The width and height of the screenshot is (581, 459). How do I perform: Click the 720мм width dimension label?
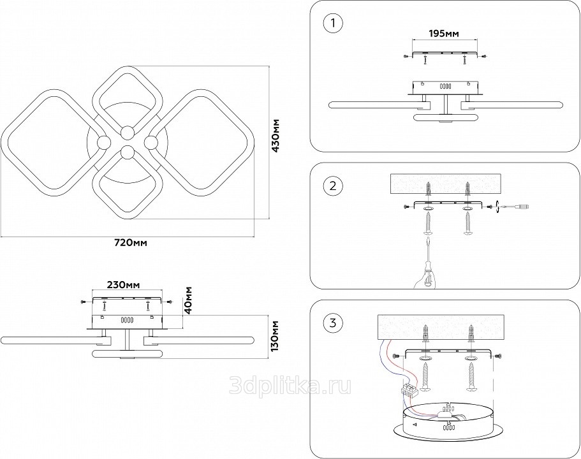pos(131,243)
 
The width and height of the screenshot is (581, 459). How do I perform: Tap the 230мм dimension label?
pos(123,284)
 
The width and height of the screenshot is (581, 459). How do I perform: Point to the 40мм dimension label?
pos(190,300)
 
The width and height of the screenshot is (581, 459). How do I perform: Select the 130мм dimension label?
pos(275,336)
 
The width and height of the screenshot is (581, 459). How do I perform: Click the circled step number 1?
pos(332,24)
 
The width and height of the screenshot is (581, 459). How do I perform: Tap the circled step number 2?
pos(332,186)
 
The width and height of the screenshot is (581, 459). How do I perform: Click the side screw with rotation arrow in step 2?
pos(496,207)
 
